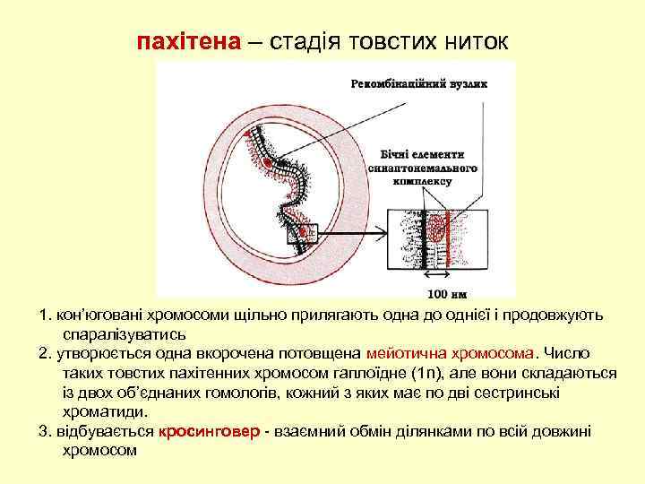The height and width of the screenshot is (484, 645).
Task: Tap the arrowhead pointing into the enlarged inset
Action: click(380, 235)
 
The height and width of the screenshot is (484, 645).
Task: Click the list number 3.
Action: click(45, 431)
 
